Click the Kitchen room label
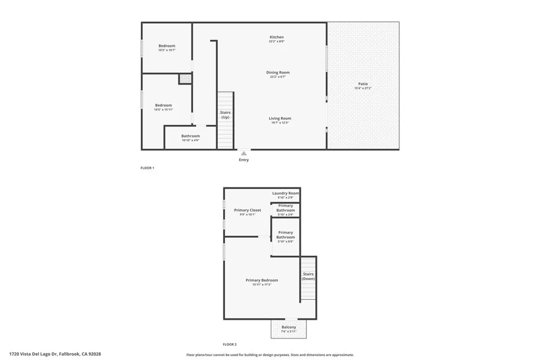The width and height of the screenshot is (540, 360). coord(277,37)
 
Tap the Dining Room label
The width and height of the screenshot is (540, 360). coord(277,73)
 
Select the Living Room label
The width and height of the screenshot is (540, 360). coord(279,119)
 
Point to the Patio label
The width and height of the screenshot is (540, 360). coord(363,84)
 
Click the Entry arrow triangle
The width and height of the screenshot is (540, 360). coord(244,153)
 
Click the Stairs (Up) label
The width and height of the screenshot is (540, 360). coord(225,114)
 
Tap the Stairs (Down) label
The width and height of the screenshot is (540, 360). coord(308,276)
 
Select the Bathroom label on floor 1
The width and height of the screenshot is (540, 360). coord(190,136)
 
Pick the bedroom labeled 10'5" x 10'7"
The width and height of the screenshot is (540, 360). coord(167,46)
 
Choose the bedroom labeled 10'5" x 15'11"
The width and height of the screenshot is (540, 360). coord(163,106)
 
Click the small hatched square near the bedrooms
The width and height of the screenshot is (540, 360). coord(185,79)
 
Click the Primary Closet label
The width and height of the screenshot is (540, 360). coord(247,210)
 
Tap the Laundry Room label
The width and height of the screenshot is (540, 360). coord(285,193)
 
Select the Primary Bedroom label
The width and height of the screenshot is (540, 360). coord(262,280)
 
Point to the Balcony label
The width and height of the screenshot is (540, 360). coord(288,327)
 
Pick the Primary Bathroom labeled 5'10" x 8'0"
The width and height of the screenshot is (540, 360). coord(285,235)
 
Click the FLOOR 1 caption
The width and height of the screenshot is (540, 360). coord(147,168)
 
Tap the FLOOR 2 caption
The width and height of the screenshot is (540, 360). coord(229,344)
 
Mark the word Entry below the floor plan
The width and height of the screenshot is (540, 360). coord(244,160)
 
